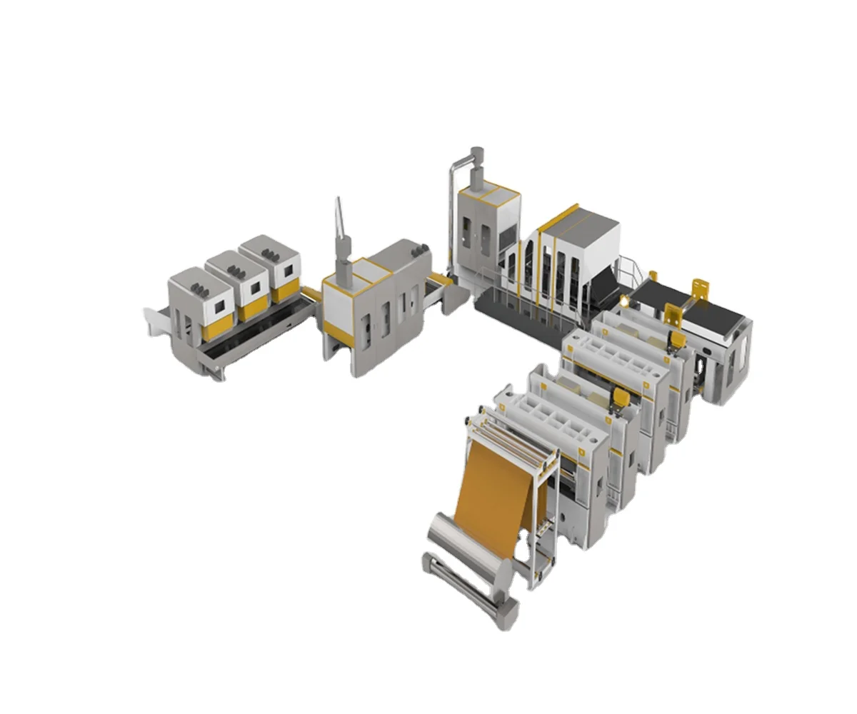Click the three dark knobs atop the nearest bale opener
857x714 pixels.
[199, 287]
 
